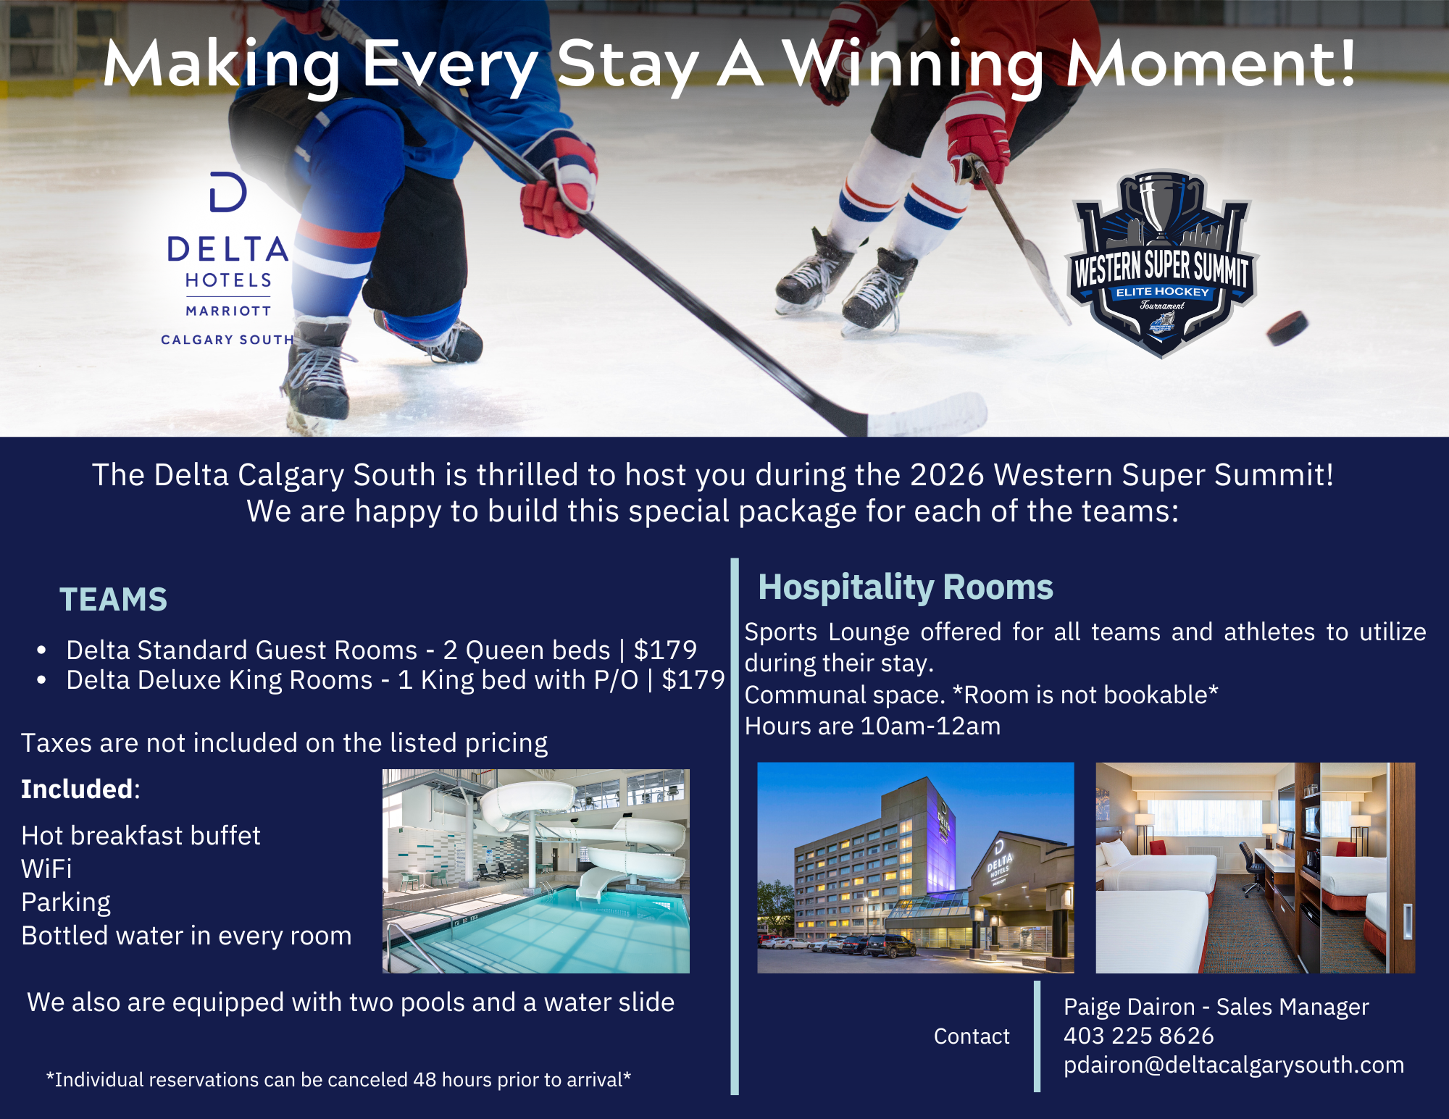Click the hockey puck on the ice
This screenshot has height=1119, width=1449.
(1287, 327)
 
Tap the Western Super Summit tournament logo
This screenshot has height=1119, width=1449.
(1161, 264)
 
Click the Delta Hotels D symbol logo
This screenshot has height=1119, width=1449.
(228, 192)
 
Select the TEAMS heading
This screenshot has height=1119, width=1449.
(113, 600)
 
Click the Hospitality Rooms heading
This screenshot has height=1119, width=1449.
(906, 587)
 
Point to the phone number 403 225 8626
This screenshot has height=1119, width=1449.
(1138, 1036)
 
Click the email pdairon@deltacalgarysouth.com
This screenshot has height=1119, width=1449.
(1234, 1065)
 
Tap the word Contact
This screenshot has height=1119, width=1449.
(972, 1036)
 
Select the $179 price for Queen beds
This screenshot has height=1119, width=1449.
(665, 650)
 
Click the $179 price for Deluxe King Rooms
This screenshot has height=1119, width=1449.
(693, 680)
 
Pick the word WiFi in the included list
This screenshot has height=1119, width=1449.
(46, 868)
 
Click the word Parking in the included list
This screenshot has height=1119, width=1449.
(66, 902)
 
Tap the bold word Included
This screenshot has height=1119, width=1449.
(78, 789)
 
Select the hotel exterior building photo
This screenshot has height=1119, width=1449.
(916, 868)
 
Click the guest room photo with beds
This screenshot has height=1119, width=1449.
(1256, 868)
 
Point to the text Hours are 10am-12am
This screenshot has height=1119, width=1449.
(872, 726)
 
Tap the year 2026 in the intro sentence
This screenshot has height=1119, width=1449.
(947, 475)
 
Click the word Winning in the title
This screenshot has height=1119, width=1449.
(914, 65)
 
